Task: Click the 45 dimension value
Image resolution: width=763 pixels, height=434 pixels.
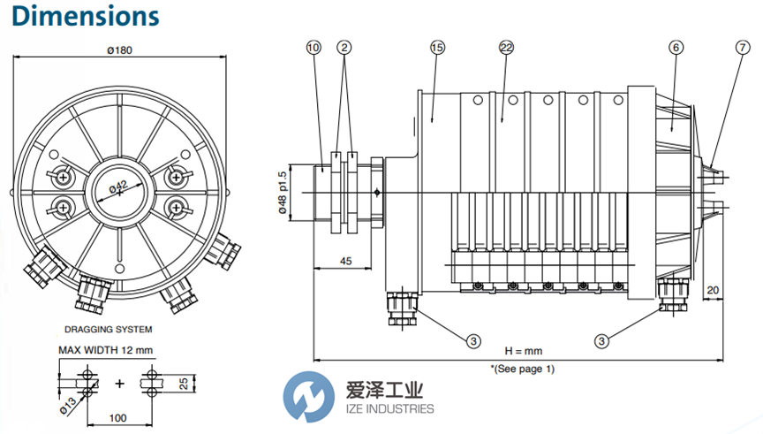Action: pos(345,261)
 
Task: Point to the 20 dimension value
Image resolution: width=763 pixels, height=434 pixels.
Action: pos(713,289)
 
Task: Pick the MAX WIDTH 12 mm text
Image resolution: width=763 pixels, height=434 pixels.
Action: pos(106,349)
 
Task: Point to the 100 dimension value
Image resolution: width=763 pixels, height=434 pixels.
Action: pos(117,418)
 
